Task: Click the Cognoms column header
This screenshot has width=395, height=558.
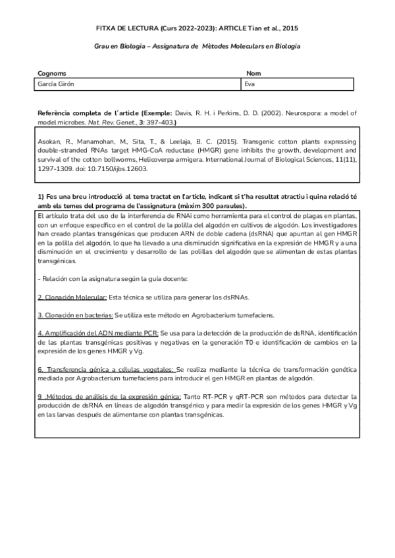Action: coord(52,74)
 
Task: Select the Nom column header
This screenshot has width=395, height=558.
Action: coord(253,74)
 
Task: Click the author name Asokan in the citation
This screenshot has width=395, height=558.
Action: coord(51,141)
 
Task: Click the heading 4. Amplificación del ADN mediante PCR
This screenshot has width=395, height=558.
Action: coord(97,334)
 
